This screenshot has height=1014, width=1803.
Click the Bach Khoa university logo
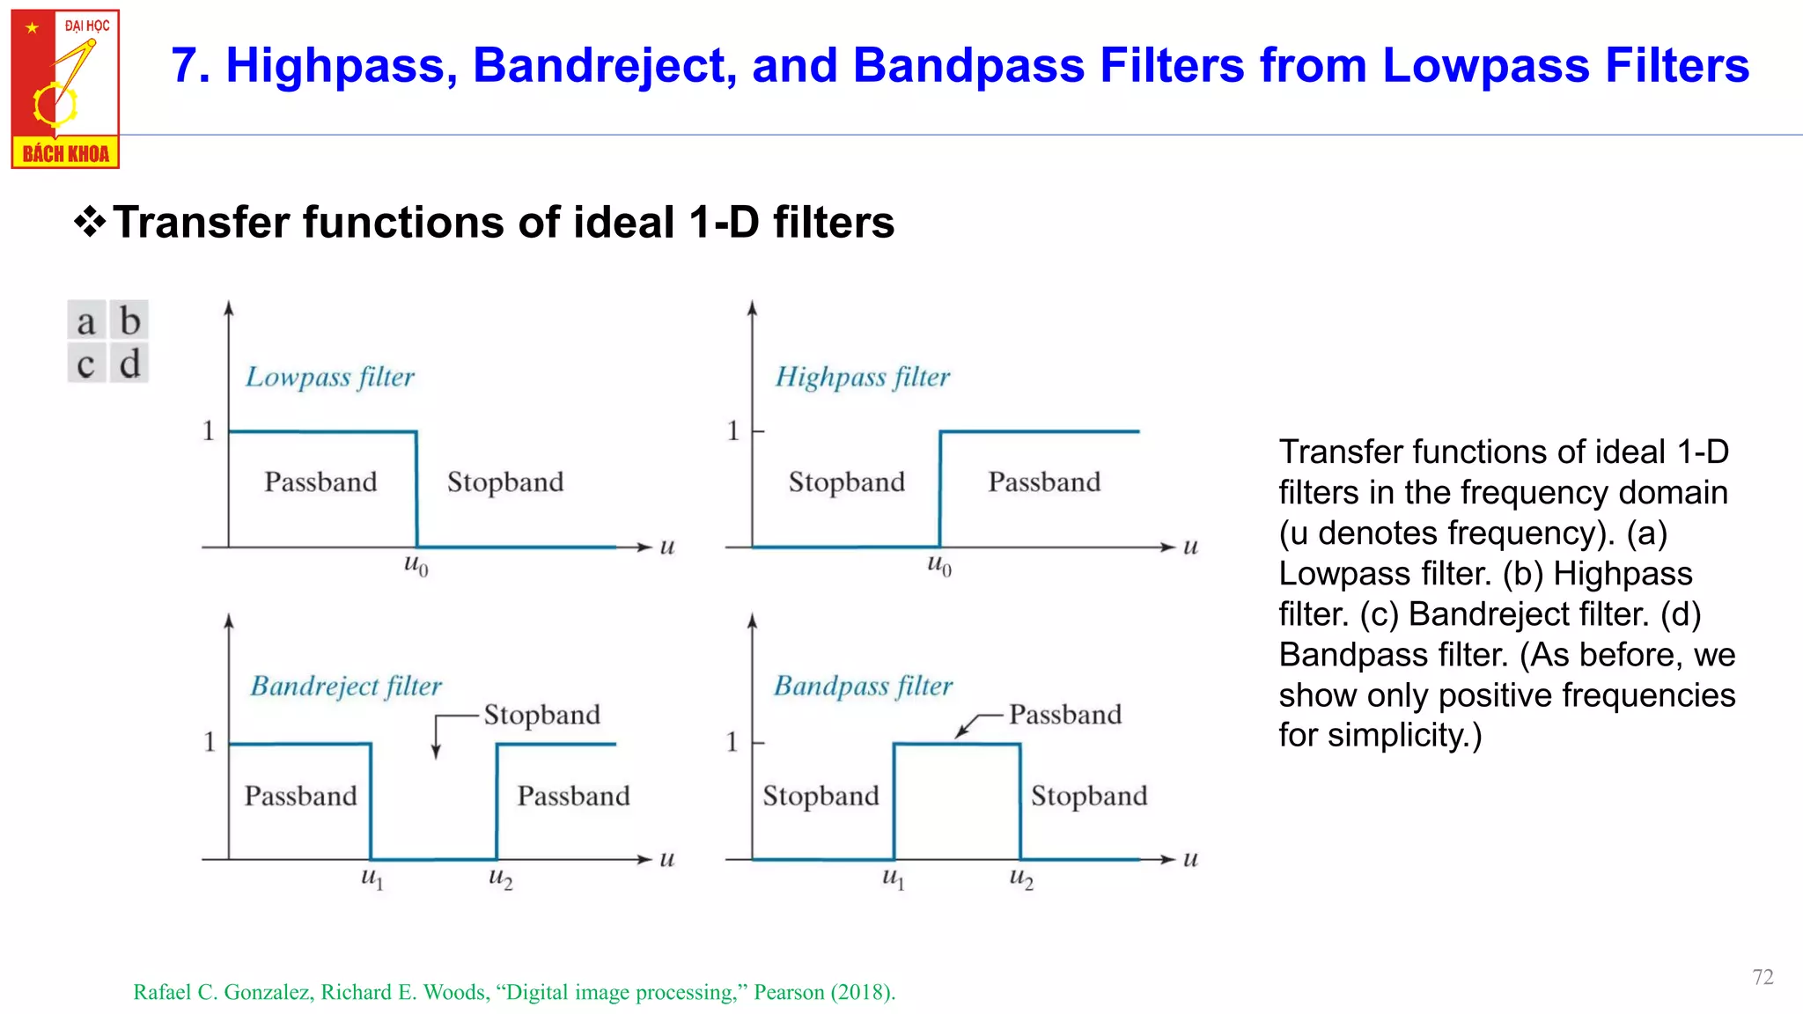[65, 89]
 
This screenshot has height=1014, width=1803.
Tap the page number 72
[1763, 977]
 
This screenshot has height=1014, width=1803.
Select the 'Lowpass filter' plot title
[329, 377]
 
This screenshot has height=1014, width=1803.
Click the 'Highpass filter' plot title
[862, 377]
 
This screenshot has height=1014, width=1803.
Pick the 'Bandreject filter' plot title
[345, 686]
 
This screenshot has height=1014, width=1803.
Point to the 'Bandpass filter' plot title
[863, 686]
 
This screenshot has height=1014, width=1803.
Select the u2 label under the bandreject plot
[500, 878]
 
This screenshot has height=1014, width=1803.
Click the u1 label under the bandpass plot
[893, 878]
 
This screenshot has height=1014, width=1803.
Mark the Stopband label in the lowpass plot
[505, 481]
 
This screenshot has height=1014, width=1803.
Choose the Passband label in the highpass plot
[1044, 481]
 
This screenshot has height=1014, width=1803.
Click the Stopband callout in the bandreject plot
[541, 714]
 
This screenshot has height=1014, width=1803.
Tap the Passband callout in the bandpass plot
[1065, 714]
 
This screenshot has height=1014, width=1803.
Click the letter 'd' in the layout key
[129, 363]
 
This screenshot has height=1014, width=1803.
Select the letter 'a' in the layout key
[86, 321]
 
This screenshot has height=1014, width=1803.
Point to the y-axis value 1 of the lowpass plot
[209, 430]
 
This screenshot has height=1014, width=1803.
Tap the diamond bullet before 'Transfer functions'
[90, 222]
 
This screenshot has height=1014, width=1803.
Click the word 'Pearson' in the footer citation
[789, 992]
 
